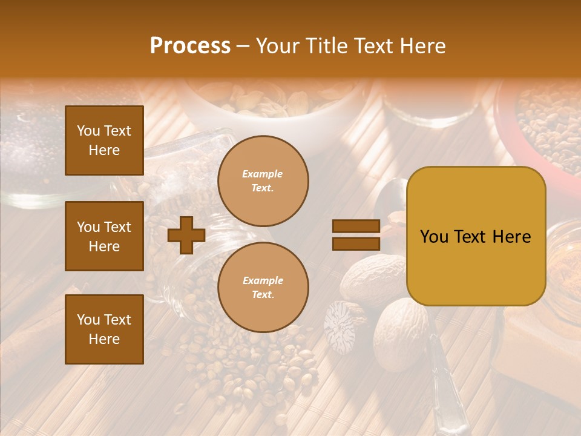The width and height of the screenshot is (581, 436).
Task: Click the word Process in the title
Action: (x=190, y=46)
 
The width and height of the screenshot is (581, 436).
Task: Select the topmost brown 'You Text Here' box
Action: (x=104, y=140)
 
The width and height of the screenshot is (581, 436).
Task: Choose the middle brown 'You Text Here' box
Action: (x=104, y=236)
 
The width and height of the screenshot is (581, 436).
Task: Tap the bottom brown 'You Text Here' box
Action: (x=104, y=329)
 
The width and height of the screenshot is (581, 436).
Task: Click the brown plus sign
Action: (x=186, y=235)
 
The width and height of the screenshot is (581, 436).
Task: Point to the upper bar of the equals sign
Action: (x=356, y=226)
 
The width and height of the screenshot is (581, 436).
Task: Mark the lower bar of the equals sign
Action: (x=356, y=243)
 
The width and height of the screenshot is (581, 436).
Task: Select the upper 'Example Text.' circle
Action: (x=263, y=181)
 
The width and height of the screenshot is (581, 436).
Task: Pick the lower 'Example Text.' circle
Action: (x=263, y=287)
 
